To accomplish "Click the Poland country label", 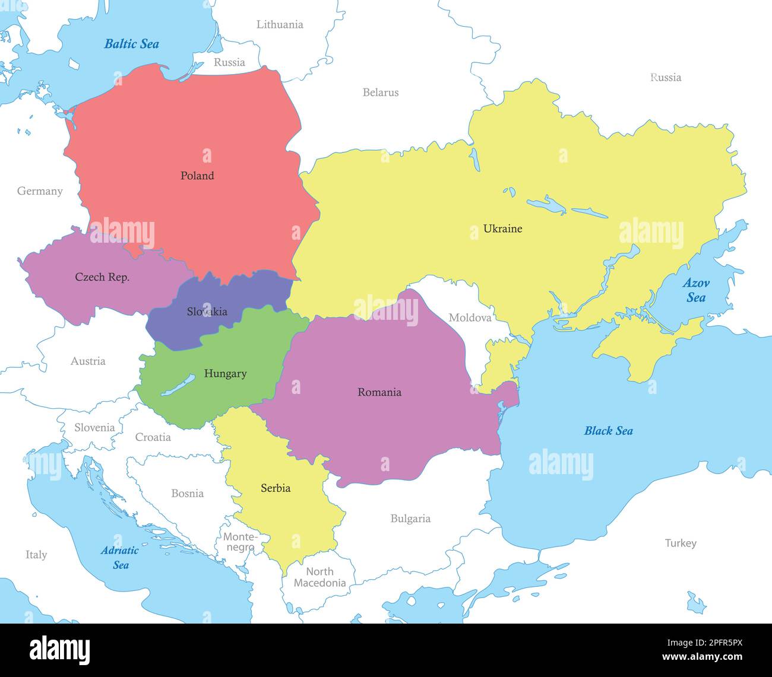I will click(197, 176).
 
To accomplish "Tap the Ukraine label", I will click(502, 228).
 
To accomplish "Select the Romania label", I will click(379, 392).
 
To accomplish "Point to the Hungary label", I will click(225, 374).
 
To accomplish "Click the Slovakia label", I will click(207, 312).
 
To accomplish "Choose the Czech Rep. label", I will click(102, 277).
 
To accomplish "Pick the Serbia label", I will click(276, 488).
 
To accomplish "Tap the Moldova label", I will click(470, 318).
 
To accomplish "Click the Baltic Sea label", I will click(131, 44).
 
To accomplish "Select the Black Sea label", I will click(608, 431).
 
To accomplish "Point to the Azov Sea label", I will click(695, 290).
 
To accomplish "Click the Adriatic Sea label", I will click(119, 557).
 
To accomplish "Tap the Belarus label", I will click(381, 93).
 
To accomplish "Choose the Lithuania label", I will click(280, 25).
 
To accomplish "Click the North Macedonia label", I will click(319, 577).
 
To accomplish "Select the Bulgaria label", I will click(410, 519).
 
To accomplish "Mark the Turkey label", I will click(681, 543).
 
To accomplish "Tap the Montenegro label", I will click(240, 542).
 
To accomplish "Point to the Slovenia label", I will click(94, 428).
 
